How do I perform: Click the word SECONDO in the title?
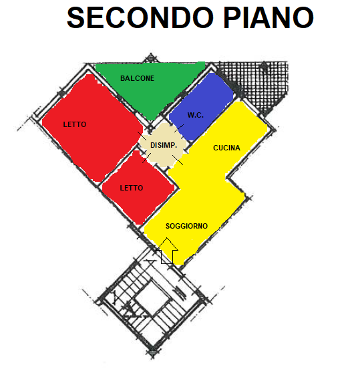[x=140, y=17]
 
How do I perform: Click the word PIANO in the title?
[x=268, y=17]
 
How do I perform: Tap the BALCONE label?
[x=137, y=78]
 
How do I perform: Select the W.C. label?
[x=195, y=115]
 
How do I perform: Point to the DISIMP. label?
[x=164, y=145]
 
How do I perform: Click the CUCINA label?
[x=226, y=148]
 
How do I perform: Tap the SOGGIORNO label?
[x=186, y=226]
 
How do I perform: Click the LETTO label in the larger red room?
[x=75, y=124]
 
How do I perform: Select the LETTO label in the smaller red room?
[x=132, y=188]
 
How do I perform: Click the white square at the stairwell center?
[x=152, y=298]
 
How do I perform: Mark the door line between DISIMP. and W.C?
[x=179, y=128]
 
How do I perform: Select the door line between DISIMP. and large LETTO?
[x=142, y=136]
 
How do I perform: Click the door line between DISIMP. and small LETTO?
[x=147, y=158]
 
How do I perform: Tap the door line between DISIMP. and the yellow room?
[x=178, y=160]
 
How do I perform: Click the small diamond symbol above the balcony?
[x=151, y=57]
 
